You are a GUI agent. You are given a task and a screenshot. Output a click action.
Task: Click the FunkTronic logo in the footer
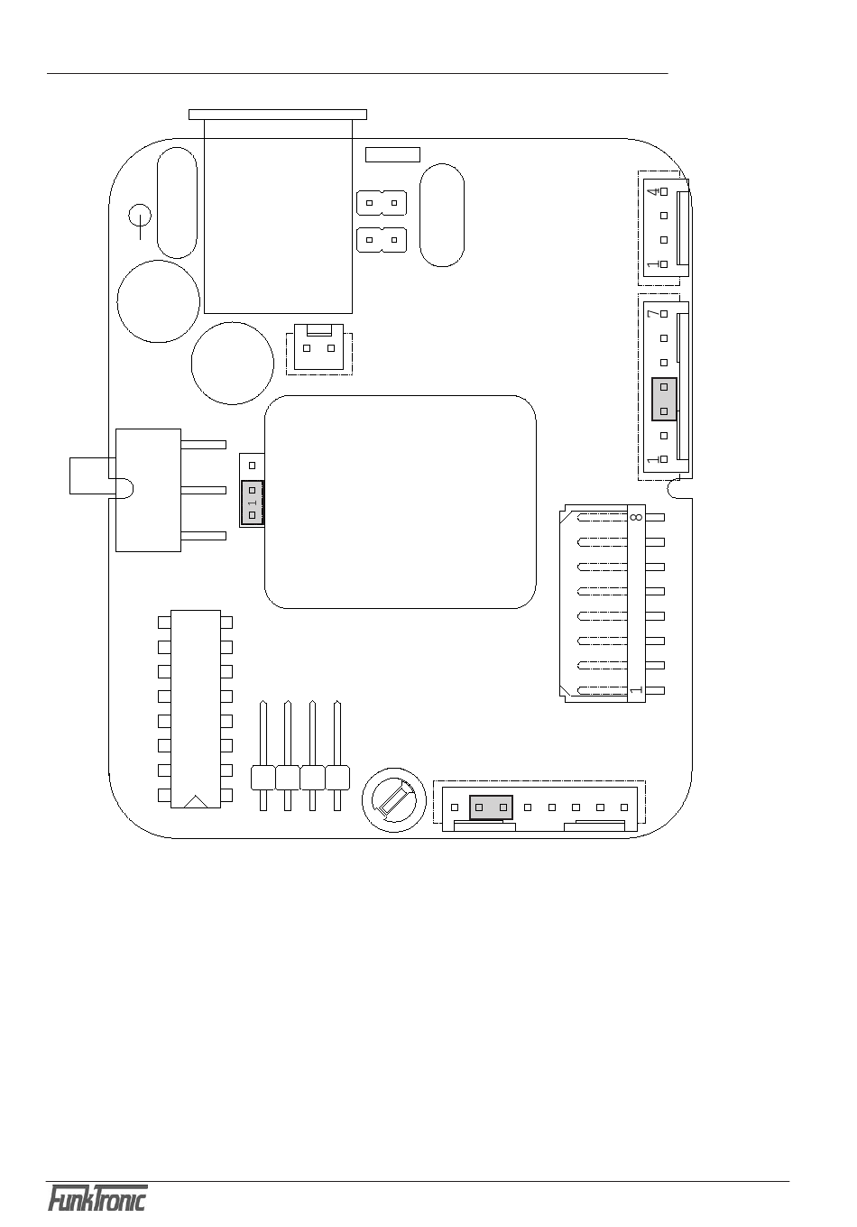(97, 1199)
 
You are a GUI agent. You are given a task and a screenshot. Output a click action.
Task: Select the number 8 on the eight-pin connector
(636, 518)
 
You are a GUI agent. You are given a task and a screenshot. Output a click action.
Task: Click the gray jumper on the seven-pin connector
(664, 399)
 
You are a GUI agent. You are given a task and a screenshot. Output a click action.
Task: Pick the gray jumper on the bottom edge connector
(491, 807)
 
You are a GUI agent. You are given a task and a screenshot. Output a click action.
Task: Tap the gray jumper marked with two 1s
(253, 503)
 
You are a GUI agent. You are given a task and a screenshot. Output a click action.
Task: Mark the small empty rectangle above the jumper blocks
(392, 154)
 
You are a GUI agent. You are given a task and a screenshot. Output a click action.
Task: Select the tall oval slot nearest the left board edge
(177, 203)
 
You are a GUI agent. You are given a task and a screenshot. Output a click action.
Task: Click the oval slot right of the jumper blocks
(442, 214)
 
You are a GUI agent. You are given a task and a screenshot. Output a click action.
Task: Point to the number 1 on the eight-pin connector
(636, 690)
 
